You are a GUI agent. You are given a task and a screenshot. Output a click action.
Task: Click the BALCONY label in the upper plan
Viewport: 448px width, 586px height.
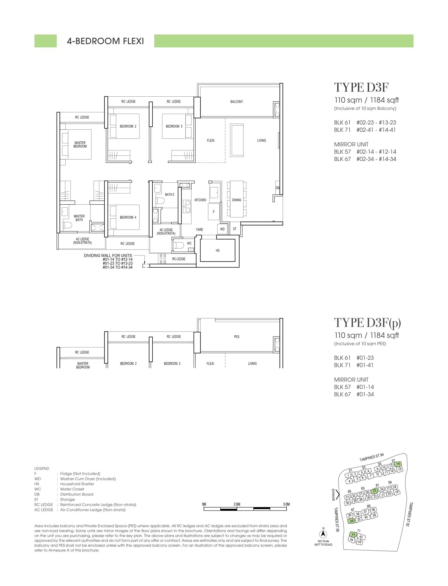click(x=237, y=102)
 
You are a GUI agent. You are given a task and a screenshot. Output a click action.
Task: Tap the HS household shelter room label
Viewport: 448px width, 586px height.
click(x=218, y=250)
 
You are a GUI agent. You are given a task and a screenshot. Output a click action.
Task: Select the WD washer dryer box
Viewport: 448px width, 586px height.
click(x=222, y=229)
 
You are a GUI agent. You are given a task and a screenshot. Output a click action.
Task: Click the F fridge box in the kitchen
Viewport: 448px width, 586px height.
click(x=214, y=212)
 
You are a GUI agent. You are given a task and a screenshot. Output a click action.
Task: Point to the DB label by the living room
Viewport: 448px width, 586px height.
click(x=278, y=188)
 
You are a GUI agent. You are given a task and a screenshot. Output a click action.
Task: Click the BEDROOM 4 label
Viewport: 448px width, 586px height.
click(x=128, y=217)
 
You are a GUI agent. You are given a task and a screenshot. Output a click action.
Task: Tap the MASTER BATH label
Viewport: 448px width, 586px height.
click(x=79, y=218)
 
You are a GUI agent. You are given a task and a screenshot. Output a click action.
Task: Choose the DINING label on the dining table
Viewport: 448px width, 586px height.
click(x=237, y=200)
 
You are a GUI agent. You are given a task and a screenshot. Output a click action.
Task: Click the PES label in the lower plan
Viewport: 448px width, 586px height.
click(x=237, y=337)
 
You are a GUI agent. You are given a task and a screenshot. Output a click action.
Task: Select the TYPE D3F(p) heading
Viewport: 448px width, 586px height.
click(x=367, y=323)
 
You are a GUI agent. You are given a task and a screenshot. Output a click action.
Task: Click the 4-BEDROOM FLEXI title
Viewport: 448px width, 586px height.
click(x=105, y=41)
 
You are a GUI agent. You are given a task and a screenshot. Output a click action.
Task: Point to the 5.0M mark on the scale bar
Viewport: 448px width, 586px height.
click(x=286, y=504)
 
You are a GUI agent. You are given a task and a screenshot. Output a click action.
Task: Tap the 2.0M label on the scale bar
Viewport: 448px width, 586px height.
click(x=237, y=504)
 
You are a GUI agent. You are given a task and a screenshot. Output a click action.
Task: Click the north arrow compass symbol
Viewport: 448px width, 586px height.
click(x=323, y=534)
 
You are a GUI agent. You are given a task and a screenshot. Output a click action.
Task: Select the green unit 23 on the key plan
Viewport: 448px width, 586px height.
click(x=374, y=491)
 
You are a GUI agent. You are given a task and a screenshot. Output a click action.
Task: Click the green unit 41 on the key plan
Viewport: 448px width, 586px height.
click(x=353, y=534)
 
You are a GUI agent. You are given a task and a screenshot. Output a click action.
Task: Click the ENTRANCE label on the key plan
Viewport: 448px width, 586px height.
click(x=333, y=495)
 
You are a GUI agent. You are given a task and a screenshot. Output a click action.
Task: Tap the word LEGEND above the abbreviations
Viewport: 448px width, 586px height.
click(x=42, y=468)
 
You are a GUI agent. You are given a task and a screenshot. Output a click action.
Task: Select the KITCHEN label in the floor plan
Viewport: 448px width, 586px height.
click(x=200, y=200)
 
